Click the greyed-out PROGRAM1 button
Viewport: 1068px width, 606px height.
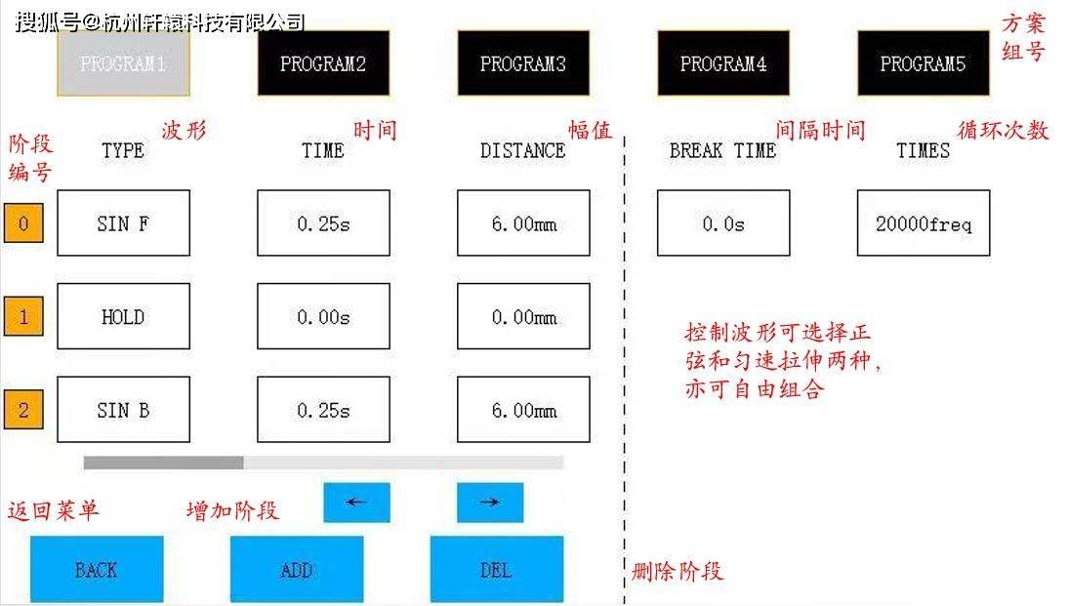point(123,63)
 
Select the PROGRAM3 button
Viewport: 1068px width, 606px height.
point(523,63)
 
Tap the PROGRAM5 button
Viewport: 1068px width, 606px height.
point(923,63)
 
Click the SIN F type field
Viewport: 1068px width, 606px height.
point(123,223)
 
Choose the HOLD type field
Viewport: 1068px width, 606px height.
point(123,316)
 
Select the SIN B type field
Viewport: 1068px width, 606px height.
point(123,410)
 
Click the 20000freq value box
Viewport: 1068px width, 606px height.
point(923,223)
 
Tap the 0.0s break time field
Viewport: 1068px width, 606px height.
point(723,223)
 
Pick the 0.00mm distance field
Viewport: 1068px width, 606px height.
point(523,316)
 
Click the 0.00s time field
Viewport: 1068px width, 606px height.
point(323,316)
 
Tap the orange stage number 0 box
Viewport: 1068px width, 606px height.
point(23,222)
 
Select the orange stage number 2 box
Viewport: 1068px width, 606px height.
point(23,409)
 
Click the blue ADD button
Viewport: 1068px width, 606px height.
point(297,569)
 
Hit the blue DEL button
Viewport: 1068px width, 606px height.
point(497,569)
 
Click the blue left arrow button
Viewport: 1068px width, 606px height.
point(357,503)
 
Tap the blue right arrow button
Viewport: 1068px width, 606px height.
point(490,503)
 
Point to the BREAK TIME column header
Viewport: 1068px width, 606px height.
point(722,150)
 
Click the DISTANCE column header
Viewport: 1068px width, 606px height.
point(523,150)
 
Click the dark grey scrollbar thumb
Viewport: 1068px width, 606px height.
point(163,463)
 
